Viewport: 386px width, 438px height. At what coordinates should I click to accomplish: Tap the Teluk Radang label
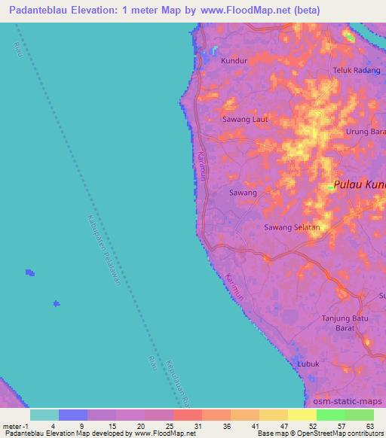pyautogui.click(x=355, y=71)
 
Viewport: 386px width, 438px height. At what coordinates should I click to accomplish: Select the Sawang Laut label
pyautogui.click(x=245, y=120)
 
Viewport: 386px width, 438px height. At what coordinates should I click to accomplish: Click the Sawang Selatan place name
pyautogui.click(x=292, y=227)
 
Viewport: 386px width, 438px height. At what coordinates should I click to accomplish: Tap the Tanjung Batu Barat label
pyautogui.click(x=345, y=323)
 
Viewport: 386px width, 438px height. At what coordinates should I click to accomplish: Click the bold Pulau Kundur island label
pyautogui.click(x=360, y=184)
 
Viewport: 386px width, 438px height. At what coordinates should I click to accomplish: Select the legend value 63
pyautogui.click(x=370, y=425)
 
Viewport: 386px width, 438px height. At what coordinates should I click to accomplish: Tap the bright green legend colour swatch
pyautogui.click(x=331, y=415)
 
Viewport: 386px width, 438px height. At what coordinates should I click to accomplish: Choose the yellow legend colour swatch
pyautogui.click(x=302, y=415)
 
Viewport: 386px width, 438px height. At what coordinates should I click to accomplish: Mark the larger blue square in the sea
pyautogui.click(x=29, y=272)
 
